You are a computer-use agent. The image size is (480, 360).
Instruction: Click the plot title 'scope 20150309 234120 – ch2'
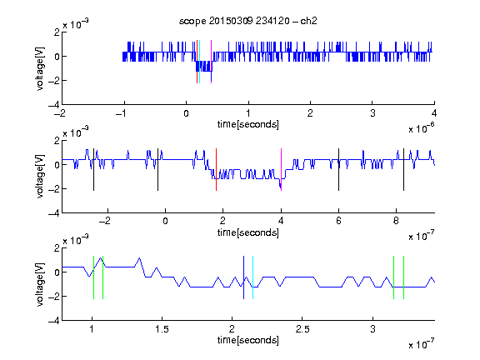point(248,21)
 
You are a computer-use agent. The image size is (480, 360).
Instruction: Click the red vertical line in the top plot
point(197,62)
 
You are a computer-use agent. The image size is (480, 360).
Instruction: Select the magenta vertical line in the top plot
point(211,62)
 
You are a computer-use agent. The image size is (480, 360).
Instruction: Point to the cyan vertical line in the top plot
point(200,62)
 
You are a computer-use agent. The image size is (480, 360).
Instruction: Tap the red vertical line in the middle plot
point(216,170)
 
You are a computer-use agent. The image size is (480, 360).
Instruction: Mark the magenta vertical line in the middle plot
point(281,170)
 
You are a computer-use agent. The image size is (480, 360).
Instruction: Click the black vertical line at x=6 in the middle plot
point(338,170)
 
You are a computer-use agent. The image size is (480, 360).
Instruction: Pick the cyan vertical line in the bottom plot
point(252,277)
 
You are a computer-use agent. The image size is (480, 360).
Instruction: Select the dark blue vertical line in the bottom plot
point(243,277)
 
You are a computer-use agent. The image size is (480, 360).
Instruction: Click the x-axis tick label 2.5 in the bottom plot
point(302,329)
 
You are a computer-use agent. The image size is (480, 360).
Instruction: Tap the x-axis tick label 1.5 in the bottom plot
point(162,329)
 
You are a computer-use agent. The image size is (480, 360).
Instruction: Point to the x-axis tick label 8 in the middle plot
point(396,221)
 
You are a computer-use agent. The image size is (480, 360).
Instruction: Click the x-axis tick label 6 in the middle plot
point(338,221)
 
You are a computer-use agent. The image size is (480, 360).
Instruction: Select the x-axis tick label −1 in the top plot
point(121,113)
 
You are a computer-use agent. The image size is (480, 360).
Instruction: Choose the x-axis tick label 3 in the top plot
point(372,113)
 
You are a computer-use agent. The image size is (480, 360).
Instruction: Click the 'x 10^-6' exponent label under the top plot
point(422,127)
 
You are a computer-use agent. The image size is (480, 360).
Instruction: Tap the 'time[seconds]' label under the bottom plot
point(248,340)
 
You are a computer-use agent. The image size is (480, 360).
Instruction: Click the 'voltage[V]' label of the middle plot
point(40,177)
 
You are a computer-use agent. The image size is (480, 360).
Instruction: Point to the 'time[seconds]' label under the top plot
point(248,124)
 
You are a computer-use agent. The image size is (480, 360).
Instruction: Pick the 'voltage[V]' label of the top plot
point(40,68)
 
